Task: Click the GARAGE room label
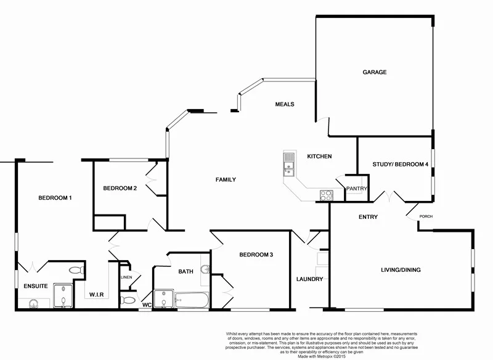[x=374, y=72]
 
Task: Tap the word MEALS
[x=284, y=104]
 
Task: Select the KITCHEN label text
[x=320, y=157]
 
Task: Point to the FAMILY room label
[x=226, y=179]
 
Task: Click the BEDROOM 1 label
[x=55, y=198]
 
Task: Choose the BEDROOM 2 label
[x=120, y=188]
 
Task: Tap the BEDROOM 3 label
[x=256, y=255]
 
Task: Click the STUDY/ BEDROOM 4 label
[x=400, y=165]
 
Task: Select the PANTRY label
[x=357, y=189]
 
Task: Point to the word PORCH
[x=426, y=216]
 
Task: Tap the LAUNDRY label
[x=309, y=279]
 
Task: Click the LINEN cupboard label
[x=125, y=277]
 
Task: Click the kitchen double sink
[x=288, y=163]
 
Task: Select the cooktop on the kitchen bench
[x=326, y=195]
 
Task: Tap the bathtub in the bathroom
[x=193, y=301]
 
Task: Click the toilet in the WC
[x=128, y=300]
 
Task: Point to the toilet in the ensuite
[x=76, y=270]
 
